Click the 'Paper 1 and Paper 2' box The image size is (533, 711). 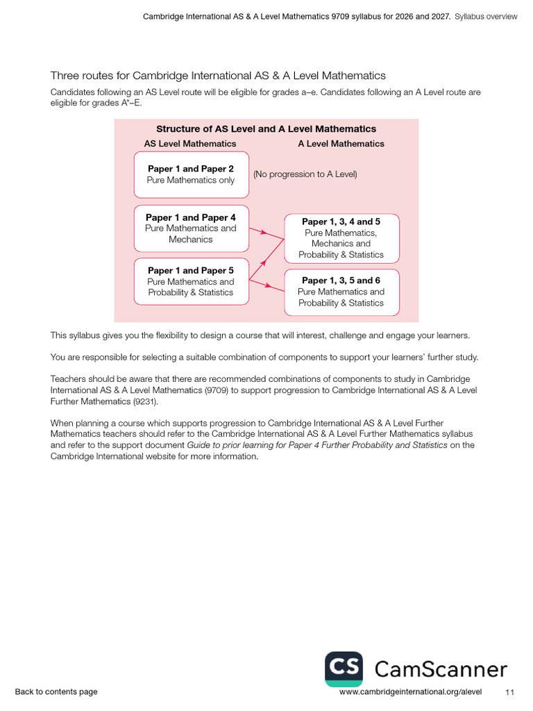click(x=191, y=174)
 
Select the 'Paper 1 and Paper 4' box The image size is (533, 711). click(x=191, y=228)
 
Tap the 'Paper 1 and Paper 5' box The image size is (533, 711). click(x=191, y=281)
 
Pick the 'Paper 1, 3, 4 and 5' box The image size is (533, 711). click(x=341, y=237)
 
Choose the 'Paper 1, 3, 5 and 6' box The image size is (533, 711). click(x=341, y=292)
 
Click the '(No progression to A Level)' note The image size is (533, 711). click(x=305, y=174)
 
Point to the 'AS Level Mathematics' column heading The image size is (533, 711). click(x=190, y=144)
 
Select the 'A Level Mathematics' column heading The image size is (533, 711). click(x=341, y=144)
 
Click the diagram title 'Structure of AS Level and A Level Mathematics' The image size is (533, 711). click(x=266, y=129)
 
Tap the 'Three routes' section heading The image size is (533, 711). click(x=218, y=75)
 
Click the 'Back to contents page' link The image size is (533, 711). click(x=56, y=692)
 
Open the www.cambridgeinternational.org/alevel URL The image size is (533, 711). click(x=410, y=692)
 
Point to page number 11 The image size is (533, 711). click(x=510, y=692)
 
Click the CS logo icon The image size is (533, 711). click(x=344, y=669)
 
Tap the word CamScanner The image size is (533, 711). click(x=441, y=669)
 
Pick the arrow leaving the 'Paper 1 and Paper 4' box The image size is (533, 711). click(x=260, y=232)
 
